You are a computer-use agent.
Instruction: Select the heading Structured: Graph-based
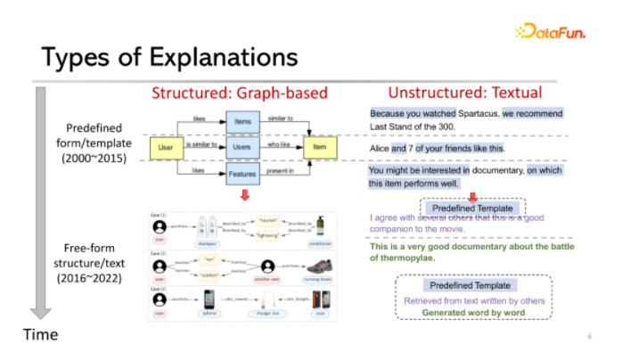pos(240,93)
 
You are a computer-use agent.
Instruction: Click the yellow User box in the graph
pos(165,146)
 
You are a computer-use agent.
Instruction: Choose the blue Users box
pos(241,145)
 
